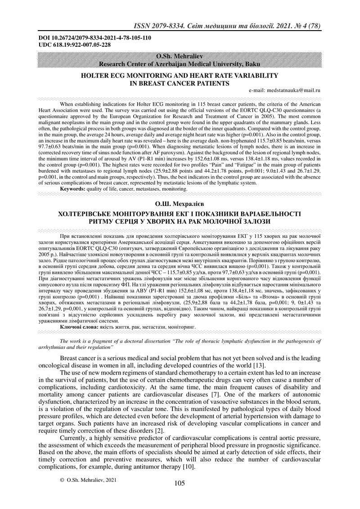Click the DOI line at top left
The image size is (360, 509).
point(94,38)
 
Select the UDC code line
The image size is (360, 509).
point(74,45)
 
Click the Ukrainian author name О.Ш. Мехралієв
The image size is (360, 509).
point(180,205)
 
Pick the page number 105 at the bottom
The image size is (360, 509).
point(180,483)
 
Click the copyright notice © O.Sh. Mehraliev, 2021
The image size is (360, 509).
point(88,480)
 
